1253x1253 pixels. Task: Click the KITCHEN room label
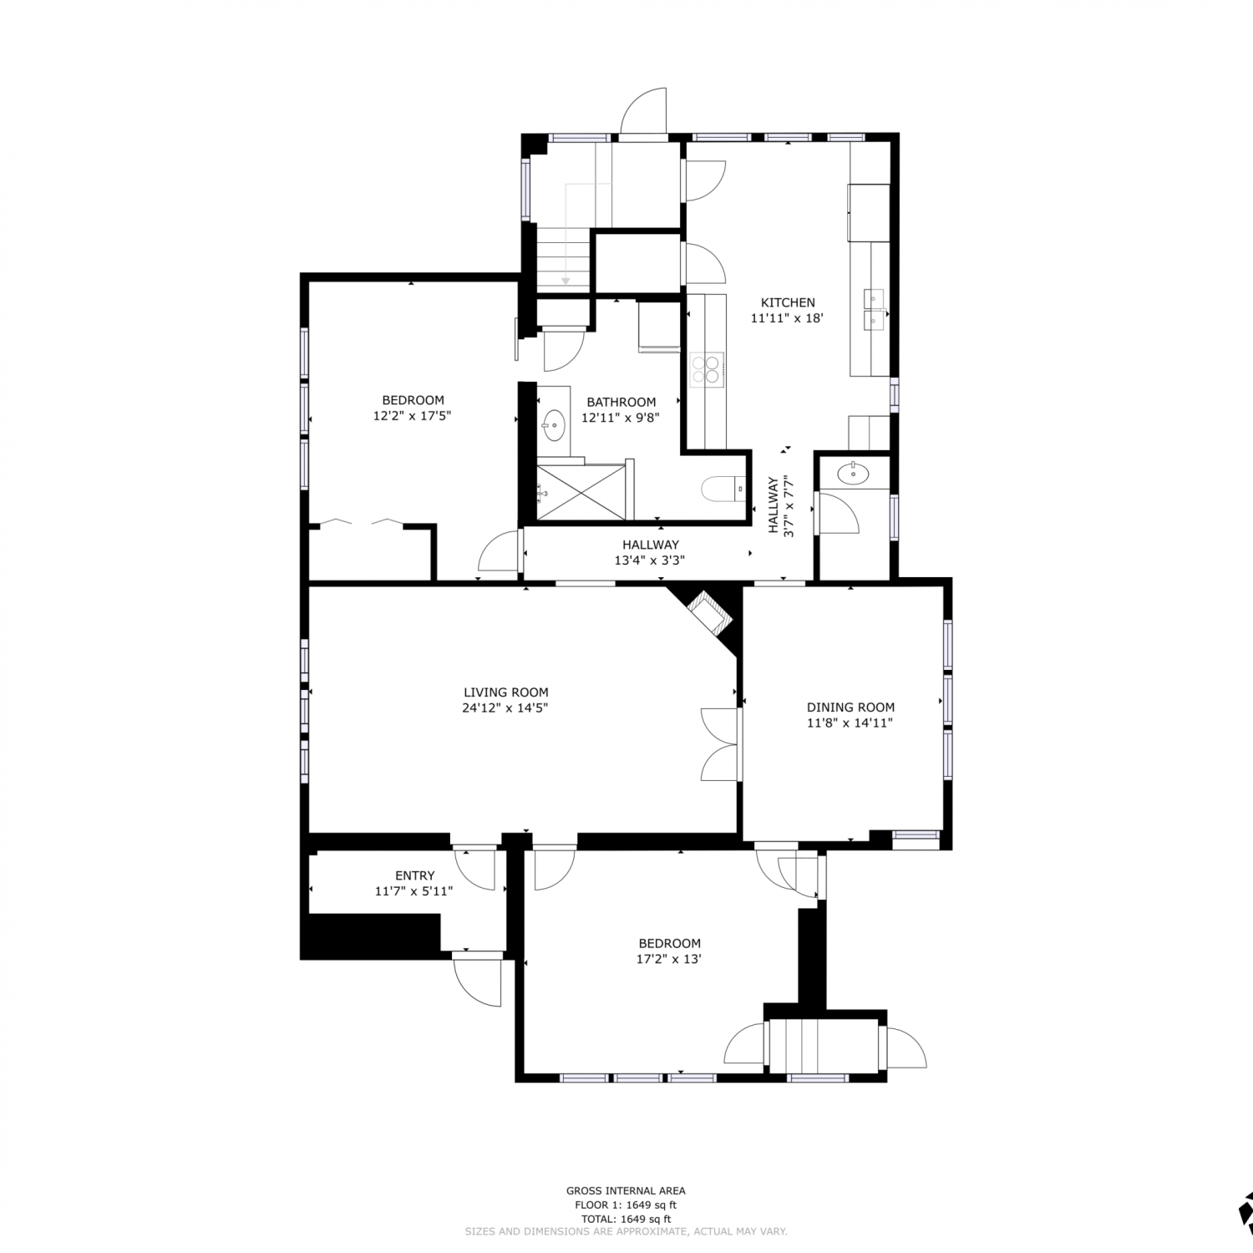[x=787, y=302]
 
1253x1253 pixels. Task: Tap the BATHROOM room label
[x=621, y=402]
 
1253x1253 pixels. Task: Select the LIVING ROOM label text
[x=506, y=692]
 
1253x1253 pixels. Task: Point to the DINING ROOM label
[x=850, y=707]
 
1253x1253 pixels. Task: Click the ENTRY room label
[x=414, y=875]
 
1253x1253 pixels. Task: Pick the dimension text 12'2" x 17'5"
[x=413, y=415]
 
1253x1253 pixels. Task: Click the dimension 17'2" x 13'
[x=668, y=959]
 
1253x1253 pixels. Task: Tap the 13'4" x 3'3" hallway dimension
[x=650, y=561]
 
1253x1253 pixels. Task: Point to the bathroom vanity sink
[x=553, y=424]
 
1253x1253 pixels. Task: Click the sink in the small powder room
[x=852, y=474]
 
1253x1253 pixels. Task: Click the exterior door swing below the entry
[x=477, y=980]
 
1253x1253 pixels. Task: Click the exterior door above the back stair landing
[x=643, y=111]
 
